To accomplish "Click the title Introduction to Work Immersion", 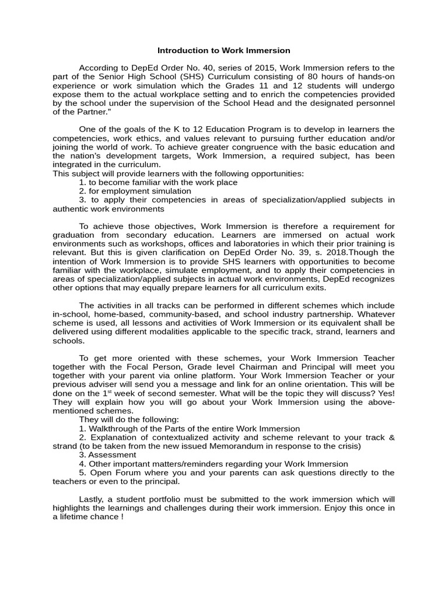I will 224,51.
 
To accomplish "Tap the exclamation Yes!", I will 384,394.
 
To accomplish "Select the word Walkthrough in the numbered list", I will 114,429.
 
